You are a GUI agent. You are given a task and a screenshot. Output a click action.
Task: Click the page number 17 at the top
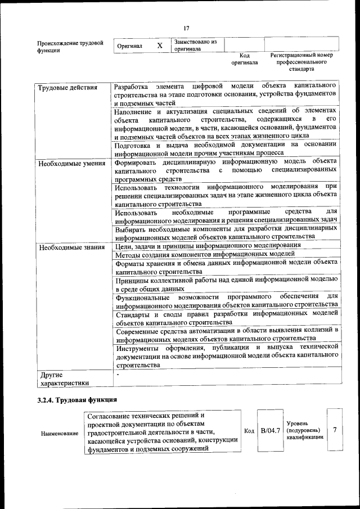point(186,28)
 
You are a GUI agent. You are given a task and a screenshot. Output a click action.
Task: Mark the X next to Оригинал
point(160,46)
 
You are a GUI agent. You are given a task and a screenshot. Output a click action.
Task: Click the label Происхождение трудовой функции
point(70,46)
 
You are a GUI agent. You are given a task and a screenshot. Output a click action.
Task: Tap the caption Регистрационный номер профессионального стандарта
point(301,62)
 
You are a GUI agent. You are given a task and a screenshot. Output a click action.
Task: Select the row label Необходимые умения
point(71,164)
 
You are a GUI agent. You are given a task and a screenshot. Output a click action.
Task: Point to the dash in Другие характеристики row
point(118,373)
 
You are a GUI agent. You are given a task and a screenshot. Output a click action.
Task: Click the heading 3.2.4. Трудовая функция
point(73,400)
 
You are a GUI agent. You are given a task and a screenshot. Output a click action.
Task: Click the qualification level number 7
point(335,430)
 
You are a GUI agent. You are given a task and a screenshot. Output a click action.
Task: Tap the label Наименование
point(60,434)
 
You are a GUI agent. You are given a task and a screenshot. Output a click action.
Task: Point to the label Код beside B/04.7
point(249,431)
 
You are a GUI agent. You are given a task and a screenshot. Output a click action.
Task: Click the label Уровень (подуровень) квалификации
point(305,430)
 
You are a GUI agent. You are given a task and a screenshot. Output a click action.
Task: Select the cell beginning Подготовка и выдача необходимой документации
point(225,148)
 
